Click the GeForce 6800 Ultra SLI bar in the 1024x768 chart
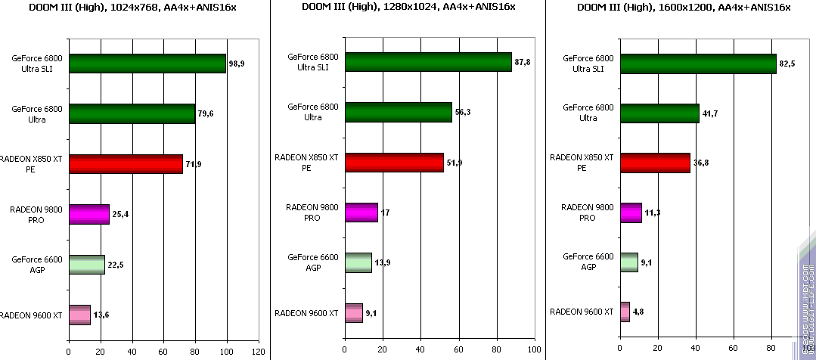pyautogui.click(x=147, y=64)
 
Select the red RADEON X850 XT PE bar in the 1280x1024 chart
pyautogui.click(x=394, y=163)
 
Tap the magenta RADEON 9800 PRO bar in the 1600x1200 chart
pyautogui.click(x=631, y=213)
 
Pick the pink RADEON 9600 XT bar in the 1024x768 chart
pyautogui.click(x=79, y=315)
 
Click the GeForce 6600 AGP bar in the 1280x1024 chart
pyautogui.click(x=358, y=262)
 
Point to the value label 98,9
pyautogui.click(x=237, y=64)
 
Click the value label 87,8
pyautogui.click(x=522, y=62)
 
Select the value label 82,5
pyautogui.click(x=787, y=64)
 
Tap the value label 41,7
pyautogui.click(x=710, y=113)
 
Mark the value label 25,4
pyautogui.click(x=120, y=215)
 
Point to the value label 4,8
pyautogui.click(x=640, y=312)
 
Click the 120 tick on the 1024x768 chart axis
pyautogui.click(x=259, y=352)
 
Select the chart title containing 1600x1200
pyautogui.click(x=683, y=8)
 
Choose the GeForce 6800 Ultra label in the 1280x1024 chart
pyautogui.click(x=313, y=112)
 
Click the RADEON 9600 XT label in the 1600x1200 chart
pyautogui.click(x=581, y=312)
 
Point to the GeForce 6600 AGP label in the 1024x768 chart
pyautogui.click(x=36, y=264)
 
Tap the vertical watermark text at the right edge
pyautogui.click(x=803, y=303)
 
